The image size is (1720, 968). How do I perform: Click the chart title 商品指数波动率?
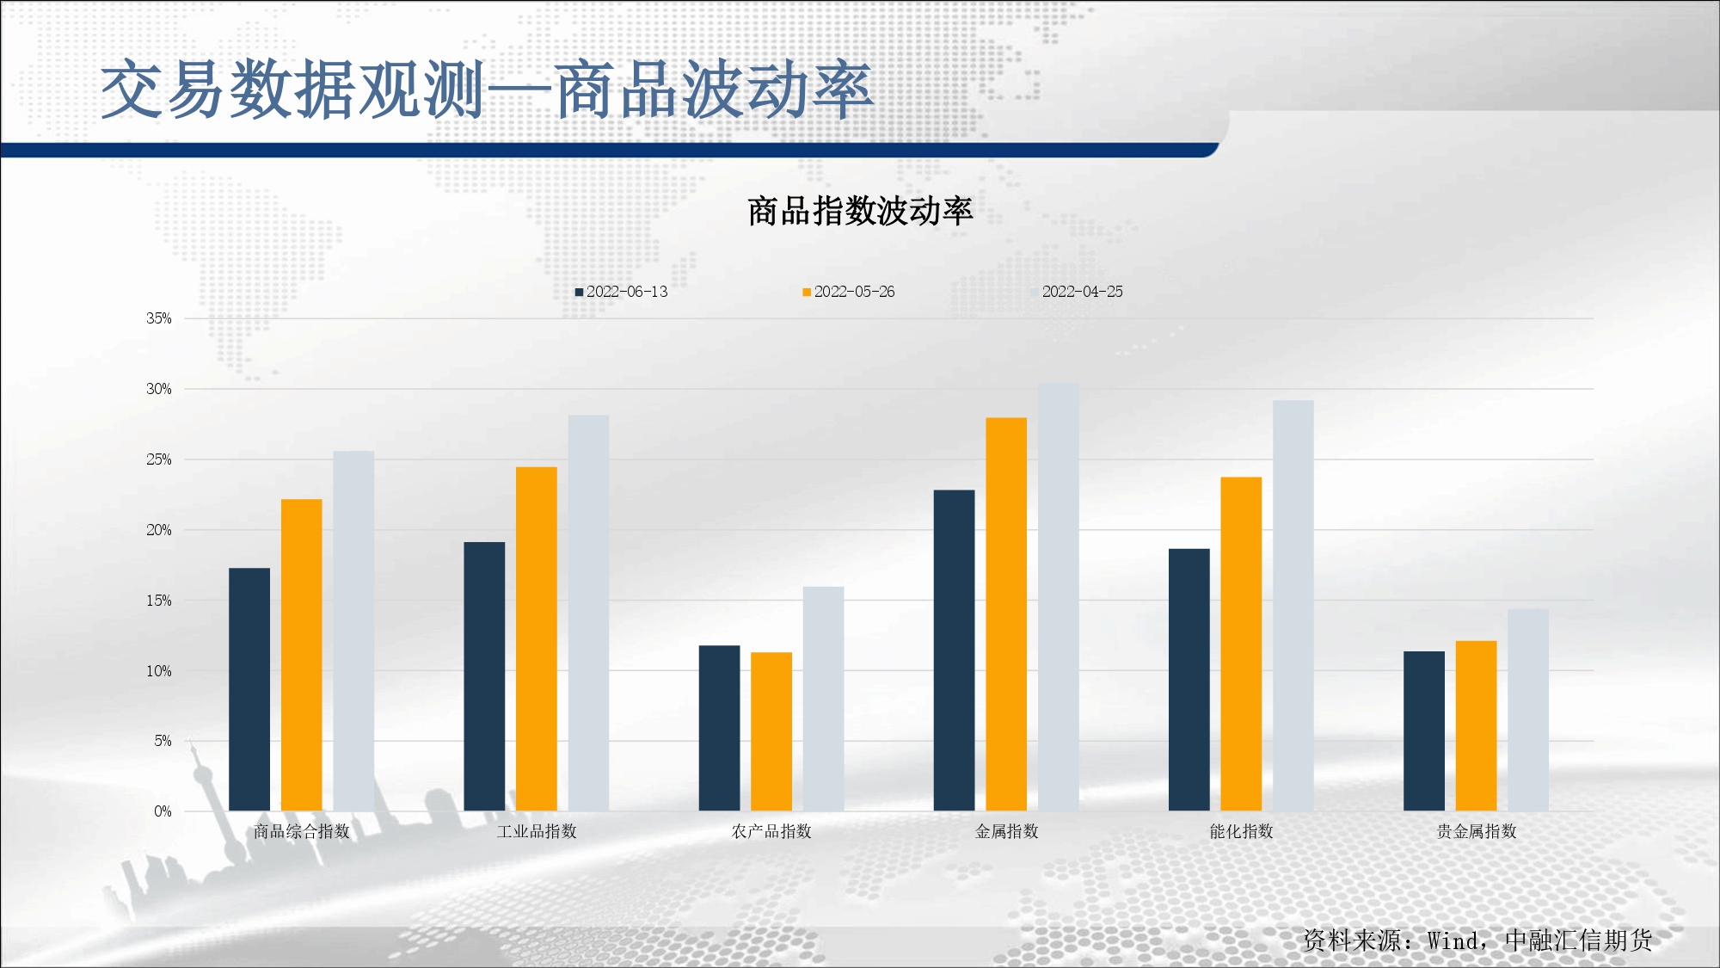pos(860,211)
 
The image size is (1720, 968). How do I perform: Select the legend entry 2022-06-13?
pos(622,292)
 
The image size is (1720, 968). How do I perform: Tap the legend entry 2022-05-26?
pos(849,292)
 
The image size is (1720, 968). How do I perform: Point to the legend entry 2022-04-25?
pos(1077,292)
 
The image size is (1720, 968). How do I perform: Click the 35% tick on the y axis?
pos(159,318)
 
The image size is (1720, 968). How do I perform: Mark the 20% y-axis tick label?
pos(159,530)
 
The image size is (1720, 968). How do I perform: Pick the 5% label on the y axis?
pos(163,741)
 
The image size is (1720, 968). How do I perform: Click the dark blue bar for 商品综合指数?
pos(249,689)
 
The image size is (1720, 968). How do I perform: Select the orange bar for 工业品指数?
pos(537,638)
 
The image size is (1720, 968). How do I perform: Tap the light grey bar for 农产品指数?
pos(824,699)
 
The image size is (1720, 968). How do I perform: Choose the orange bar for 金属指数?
pos(1006,614)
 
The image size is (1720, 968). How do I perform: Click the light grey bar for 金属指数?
pos(1059,597)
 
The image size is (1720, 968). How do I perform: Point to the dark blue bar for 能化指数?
pos(1189,680)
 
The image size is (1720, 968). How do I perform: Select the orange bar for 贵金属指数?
pos(1477,726)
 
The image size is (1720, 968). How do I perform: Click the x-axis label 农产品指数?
pos(771,831)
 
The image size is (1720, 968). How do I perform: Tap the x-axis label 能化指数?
pos(1241,831)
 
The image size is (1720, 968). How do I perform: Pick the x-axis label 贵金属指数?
pos(1477,831)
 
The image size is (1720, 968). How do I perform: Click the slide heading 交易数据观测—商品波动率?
pos(488,89)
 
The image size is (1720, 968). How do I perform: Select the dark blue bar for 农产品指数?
pos(719,728)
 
